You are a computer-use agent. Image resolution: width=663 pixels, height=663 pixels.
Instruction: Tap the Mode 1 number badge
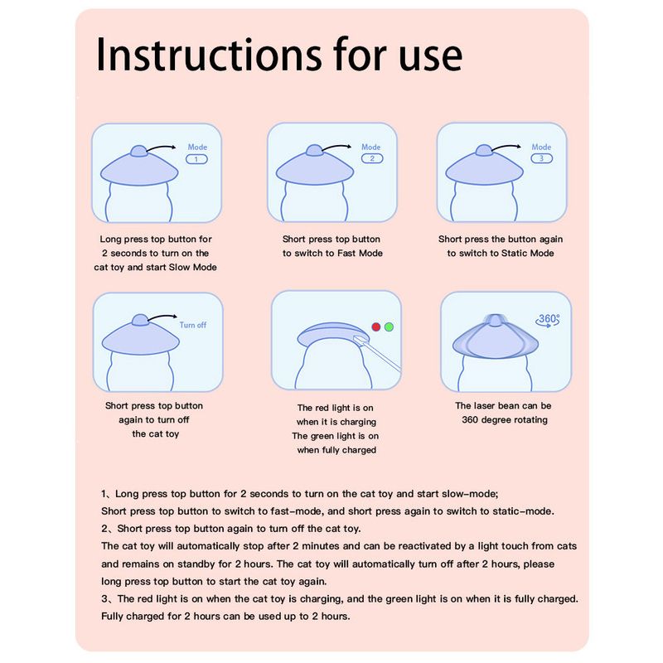(x=196, y=159)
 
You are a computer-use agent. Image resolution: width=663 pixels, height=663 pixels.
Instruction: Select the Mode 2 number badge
(x=372, y=158)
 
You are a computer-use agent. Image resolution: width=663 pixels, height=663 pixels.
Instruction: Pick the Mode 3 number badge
(x=542, y=158)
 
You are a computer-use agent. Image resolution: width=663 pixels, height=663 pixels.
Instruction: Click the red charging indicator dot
(x=376, y=327)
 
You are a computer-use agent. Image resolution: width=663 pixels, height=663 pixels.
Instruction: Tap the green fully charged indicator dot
(x=389, y=327)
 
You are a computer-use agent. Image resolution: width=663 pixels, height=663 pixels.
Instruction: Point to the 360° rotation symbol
(x=548, y=320)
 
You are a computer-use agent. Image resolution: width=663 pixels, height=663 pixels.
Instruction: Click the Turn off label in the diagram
(x=193, y=325)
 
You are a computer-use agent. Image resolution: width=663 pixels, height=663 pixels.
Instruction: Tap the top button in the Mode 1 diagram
(x=138, y=151)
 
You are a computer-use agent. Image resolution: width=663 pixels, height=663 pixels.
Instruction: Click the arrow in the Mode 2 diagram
(x=337, y=147)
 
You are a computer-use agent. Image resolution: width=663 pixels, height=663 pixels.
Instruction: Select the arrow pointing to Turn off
(x=162, y=317)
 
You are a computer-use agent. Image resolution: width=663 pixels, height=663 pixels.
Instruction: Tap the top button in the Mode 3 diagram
(x=484, y=150)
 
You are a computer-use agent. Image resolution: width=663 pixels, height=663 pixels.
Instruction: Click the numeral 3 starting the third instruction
(x=104, y=599)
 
